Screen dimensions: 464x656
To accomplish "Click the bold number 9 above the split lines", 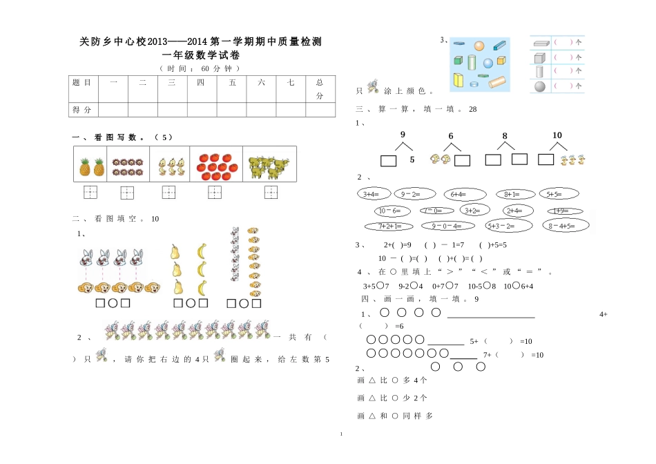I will pyautogui.click(x=403, y=135).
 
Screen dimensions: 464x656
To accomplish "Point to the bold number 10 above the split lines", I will pyautogui.click(x=557, y=135).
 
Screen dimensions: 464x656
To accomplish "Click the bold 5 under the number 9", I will pyautogui.click(x=412, y=160).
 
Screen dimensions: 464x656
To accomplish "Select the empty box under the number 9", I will pyautogui.click(x=388, y=161).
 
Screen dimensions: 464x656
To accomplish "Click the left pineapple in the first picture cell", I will pyautogui.click(x=84, y=166).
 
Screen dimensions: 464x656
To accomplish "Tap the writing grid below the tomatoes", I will pyautogui.click(x=215, y=192).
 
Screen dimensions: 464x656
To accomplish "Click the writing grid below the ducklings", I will pyautogui.click(x=169, y=192).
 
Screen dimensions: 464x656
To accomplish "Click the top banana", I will pyautogui.click(x=203, y=251).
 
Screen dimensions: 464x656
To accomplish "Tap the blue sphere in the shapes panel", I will pyautogui.click(x=488, y=63).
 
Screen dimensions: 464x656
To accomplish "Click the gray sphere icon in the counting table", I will pyautogui.click(x=540, y=86).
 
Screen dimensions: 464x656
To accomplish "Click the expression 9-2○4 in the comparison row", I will pyautogui.click(x=411, y=286).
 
